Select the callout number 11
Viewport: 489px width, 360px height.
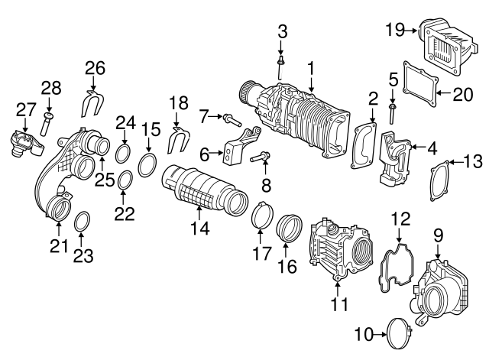pyautogui.click(x=338, y=303)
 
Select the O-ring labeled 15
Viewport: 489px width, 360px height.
pyautogui.click(x=148, y=165)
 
